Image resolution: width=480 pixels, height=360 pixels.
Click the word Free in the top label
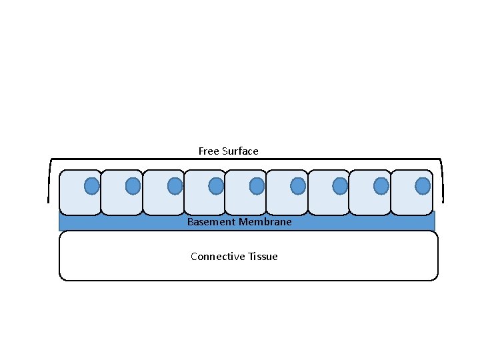click(x=209, y=151)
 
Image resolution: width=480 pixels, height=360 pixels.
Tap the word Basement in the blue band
click(x=209, y=222)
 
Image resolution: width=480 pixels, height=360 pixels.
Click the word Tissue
click(x=263, y=257)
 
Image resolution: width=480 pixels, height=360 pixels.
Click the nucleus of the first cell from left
click(x=92, y=186)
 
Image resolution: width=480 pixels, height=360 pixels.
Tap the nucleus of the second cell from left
click(x=133, y=186)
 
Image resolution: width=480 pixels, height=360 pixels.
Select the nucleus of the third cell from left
click(x=175, y=186)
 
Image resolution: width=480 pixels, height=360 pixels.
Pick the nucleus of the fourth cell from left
click(x=216, y=186)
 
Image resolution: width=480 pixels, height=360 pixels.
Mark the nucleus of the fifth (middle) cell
click(x=257, y=186)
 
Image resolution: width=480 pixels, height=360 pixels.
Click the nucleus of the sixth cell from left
click(x=299, y=186)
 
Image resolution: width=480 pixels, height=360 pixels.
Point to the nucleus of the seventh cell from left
click(x=340, y=186)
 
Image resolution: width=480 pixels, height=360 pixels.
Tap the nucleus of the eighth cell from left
click(x=381, y=186)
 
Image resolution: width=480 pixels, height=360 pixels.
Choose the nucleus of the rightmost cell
click(x=423, y=186)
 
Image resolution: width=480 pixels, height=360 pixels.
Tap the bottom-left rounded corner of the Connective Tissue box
click(x=63, y=277)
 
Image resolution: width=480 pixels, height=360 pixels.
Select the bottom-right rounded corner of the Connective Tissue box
click(x=435, y=277)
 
